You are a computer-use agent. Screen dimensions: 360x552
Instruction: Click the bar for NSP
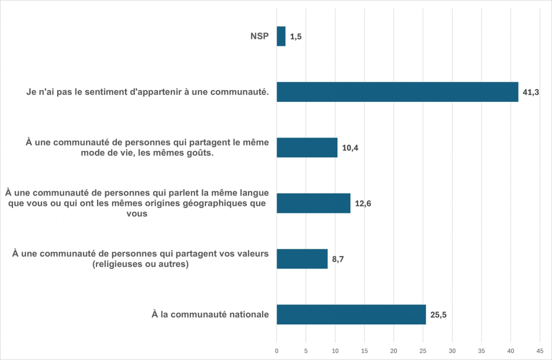(281, 37)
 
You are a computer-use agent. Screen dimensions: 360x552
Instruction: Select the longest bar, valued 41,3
(397, 92)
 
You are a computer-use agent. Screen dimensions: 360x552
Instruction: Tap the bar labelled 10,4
(307, 148)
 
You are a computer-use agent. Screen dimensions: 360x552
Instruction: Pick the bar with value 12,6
(313, 203)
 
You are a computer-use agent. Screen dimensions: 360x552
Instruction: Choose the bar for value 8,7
(302, 259)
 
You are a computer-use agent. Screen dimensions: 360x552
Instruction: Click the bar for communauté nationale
(351, 314)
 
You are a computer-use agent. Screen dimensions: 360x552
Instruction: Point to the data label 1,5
(295, 37)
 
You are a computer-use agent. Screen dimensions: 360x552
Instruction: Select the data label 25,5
(438, 315)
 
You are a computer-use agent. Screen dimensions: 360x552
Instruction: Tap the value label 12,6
(362, 204)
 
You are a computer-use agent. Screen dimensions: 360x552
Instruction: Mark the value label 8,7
(339, 259)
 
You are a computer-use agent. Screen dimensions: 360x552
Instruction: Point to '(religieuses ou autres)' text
(140, 264)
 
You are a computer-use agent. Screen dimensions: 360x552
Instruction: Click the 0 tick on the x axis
(277, 349)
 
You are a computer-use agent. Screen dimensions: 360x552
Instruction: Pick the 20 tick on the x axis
(394, 349)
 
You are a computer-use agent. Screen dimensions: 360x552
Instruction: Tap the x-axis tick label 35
(481, 349)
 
